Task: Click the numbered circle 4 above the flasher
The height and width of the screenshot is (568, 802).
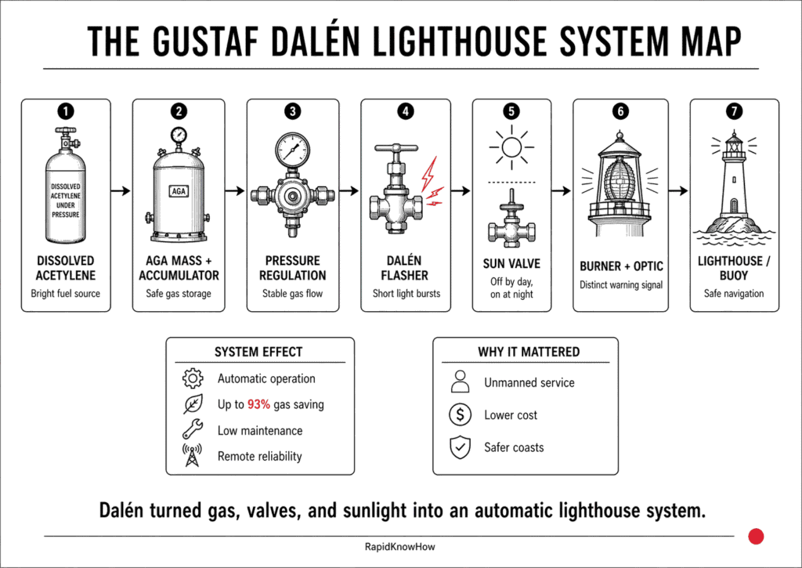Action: (406, 111)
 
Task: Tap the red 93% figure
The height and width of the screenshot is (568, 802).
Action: (261, 404)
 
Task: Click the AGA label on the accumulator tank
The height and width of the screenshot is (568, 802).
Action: (179, 190)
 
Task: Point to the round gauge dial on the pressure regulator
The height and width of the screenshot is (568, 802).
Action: (292, 150)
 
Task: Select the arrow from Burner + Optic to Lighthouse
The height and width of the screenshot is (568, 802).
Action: (679, 190)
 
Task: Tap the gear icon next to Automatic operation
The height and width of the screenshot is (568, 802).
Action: (192, 378)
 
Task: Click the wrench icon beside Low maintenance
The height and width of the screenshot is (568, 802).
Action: (192, 430)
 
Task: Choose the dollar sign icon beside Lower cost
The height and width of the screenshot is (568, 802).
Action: (460, 415)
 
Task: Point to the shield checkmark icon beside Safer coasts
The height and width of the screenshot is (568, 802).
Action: (460, 447)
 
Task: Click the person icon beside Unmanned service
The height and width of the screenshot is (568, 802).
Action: (460, 382)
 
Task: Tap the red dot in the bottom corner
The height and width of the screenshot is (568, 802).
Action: (756, 536)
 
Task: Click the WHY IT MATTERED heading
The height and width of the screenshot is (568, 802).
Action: (529, 352)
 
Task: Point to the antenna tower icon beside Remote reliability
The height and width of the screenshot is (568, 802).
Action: (192, 456)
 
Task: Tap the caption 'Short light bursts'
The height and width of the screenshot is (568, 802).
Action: (406, 294)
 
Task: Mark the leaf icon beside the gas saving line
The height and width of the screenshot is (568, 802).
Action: (192, 404)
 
